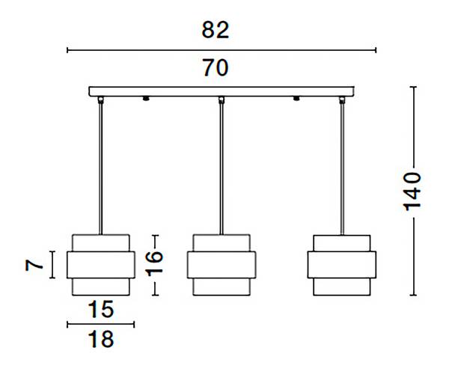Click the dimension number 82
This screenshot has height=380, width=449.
(216, 30)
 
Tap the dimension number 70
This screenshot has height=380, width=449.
(216, 68)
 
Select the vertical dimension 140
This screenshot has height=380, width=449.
(412, 191)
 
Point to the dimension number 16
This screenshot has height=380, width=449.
(154, 263)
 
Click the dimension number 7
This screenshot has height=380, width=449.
(34, 265)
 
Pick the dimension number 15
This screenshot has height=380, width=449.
(101, 310)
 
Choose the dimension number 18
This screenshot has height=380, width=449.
(101, 339)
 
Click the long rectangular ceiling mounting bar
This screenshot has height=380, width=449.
(222, 91)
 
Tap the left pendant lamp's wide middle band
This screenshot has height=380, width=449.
(101, 265)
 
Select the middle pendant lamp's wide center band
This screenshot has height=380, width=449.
(222, 265)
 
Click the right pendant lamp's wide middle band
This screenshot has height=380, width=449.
(342, 265)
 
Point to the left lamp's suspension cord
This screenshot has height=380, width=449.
(100, 169)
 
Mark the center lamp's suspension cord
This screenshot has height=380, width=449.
(222, 169)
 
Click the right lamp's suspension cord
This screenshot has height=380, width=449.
(342, 169)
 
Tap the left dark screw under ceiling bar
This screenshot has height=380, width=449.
(146, 99)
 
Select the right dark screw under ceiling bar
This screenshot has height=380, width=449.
(296, 99)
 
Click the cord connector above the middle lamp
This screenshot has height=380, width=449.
(222, 100)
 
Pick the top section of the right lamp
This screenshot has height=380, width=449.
(342, 243)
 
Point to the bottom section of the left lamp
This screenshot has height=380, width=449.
(101, 286)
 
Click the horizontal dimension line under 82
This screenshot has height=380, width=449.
(222, 50)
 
